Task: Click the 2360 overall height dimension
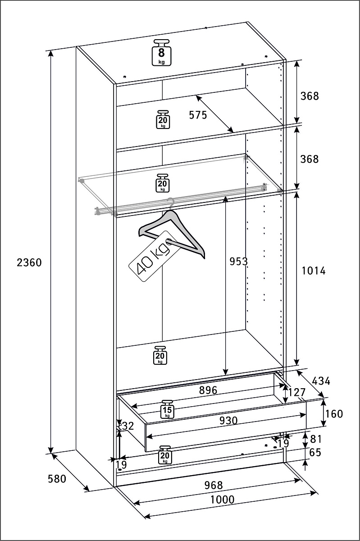click(29, 262)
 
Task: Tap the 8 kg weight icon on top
click(161, 53)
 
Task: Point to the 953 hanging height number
click(239, 261)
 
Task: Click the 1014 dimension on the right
click(313, 270)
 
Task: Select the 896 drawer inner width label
click(208, 390)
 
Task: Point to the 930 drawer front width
click(228, 420)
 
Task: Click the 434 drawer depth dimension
click(321, 381)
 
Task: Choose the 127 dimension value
click(297, 392)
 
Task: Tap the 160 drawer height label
click(334, 413)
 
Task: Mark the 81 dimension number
click(315, 438)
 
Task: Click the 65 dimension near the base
click(315, 452)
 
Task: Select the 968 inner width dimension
click(213, 485)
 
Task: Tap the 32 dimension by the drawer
click(128, 426)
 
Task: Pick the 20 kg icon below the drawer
click(165, 455)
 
